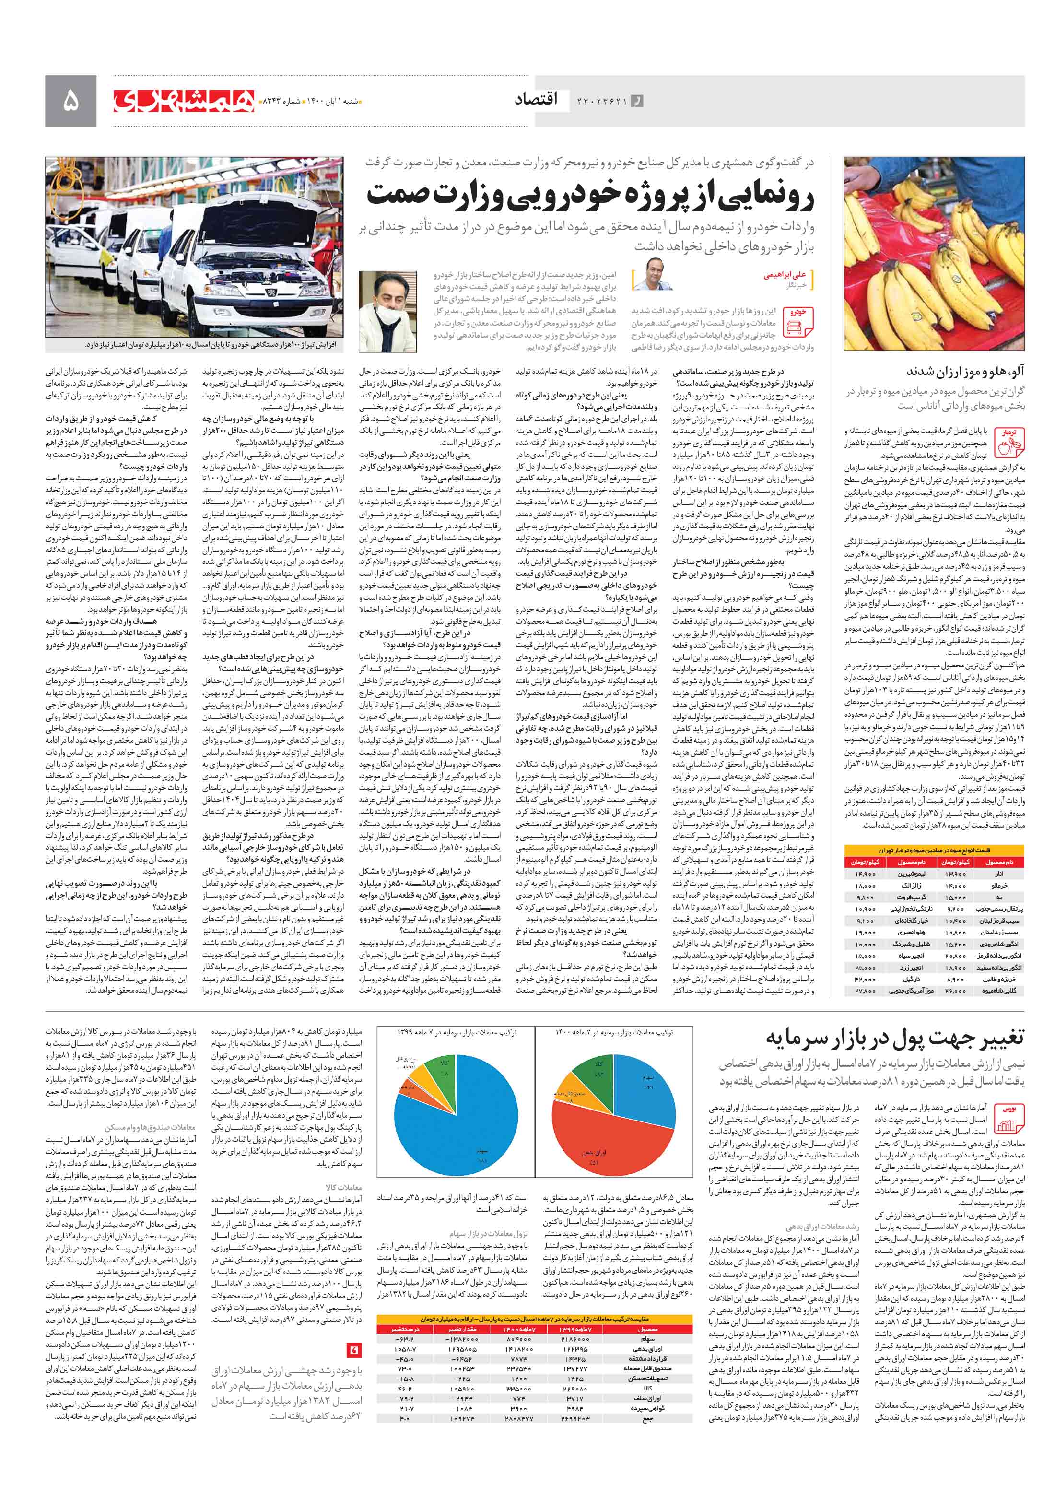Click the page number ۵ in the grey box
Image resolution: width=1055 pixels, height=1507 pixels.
70,101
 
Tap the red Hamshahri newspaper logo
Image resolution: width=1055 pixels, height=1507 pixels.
183,100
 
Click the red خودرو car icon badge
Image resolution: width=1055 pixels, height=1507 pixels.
799,320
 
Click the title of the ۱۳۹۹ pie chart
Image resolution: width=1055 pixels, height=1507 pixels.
455,1032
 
